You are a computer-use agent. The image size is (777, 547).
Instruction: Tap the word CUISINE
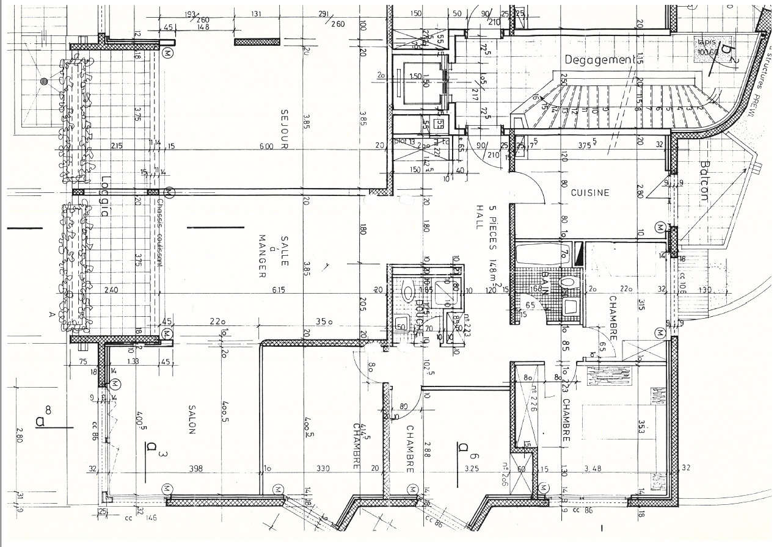point(589,193)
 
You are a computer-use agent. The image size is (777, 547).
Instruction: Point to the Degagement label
point(599,60)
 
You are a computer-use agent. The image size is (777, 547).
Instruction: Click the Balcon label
point(704,181)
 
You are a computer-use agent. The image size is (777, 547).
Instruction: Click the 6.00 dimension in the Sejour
point(266,147)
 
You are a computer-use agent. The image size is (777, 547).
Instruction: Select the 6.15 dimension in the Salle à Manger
point(279,290)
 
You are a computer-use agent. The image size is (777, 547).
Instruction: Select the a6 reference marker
point(465,449)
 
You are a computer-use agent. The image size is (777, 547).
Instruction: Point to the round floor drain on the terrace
point(43,81)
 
